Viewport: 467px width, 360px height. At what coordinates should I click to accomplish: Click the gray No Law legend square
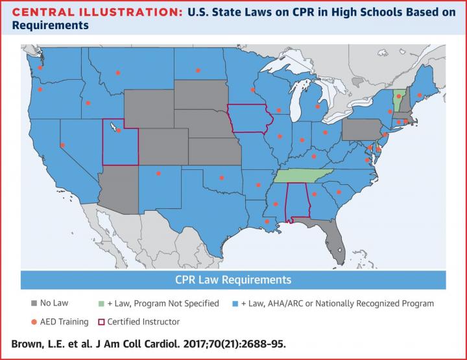tap(33, 303)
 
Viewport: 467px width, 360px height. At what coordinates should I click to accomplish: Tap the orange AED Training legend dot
tap(33, 321)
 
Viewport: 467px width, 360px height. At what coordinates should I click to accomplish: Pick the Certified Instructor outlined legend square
tap(101, 321)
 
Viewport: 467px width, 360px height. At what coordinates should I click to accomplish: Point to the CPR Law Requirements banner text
tap(233, 280)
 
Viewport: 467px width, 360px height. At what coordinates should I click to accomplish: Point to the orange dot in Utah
tap(119, 130)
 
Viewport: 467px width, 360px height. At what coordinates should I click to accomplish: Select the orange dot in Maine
tap(420, 95)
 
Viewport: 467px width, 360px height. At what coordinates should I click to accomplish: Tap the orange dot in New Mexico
tap(158, 173)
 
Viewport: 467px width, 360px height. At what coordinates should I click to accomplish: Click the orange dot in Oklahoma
tap(222, 176)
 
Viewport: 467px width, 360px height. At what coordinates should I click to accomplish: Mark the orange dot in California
tap(62, 145)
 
